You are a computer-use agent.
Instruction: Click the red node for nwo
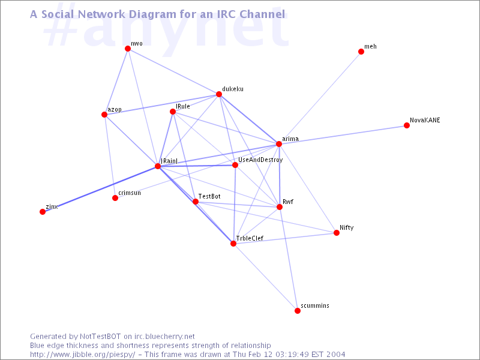coord(128,49)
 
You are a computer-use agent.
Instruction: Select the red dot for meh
coord(361,52)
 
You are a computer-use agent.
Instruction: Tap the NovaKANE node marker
coord(407,125)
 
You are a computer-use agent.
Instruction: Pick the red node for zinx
coord(43,212)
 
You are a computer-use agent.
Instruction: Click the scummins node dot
coord(298,311)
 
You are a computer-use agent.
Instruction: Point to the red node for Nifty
coord(337,233)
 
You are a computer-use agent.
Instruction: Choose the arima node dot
coord(279,144)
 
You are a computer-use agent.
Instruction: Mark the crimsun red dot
coord(115,198)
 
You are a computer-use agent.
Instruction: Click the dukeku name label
coord(233,89)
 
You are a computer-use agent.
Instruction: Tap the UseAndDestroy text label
coord(260,160)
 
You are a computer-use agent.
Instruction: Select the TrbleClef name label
coord(250,238)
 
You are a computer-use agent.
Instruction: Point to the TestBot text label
coord(209,196)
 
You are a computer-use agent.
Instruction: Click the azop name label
coord(115,110)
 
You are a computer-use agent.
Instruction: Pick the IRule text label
coord(183,106)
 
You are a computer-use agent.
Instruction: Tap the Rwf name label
coord(288,202)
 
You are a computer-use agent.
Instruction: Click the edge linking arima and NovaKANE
coord(343,134)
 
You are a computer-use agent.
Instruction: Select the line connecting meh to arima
coord(320,98)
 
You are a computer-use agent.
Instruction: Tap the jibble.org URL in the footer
coord(82,355)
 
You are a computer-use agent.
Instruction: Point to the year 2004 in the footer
coord(335,355)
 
